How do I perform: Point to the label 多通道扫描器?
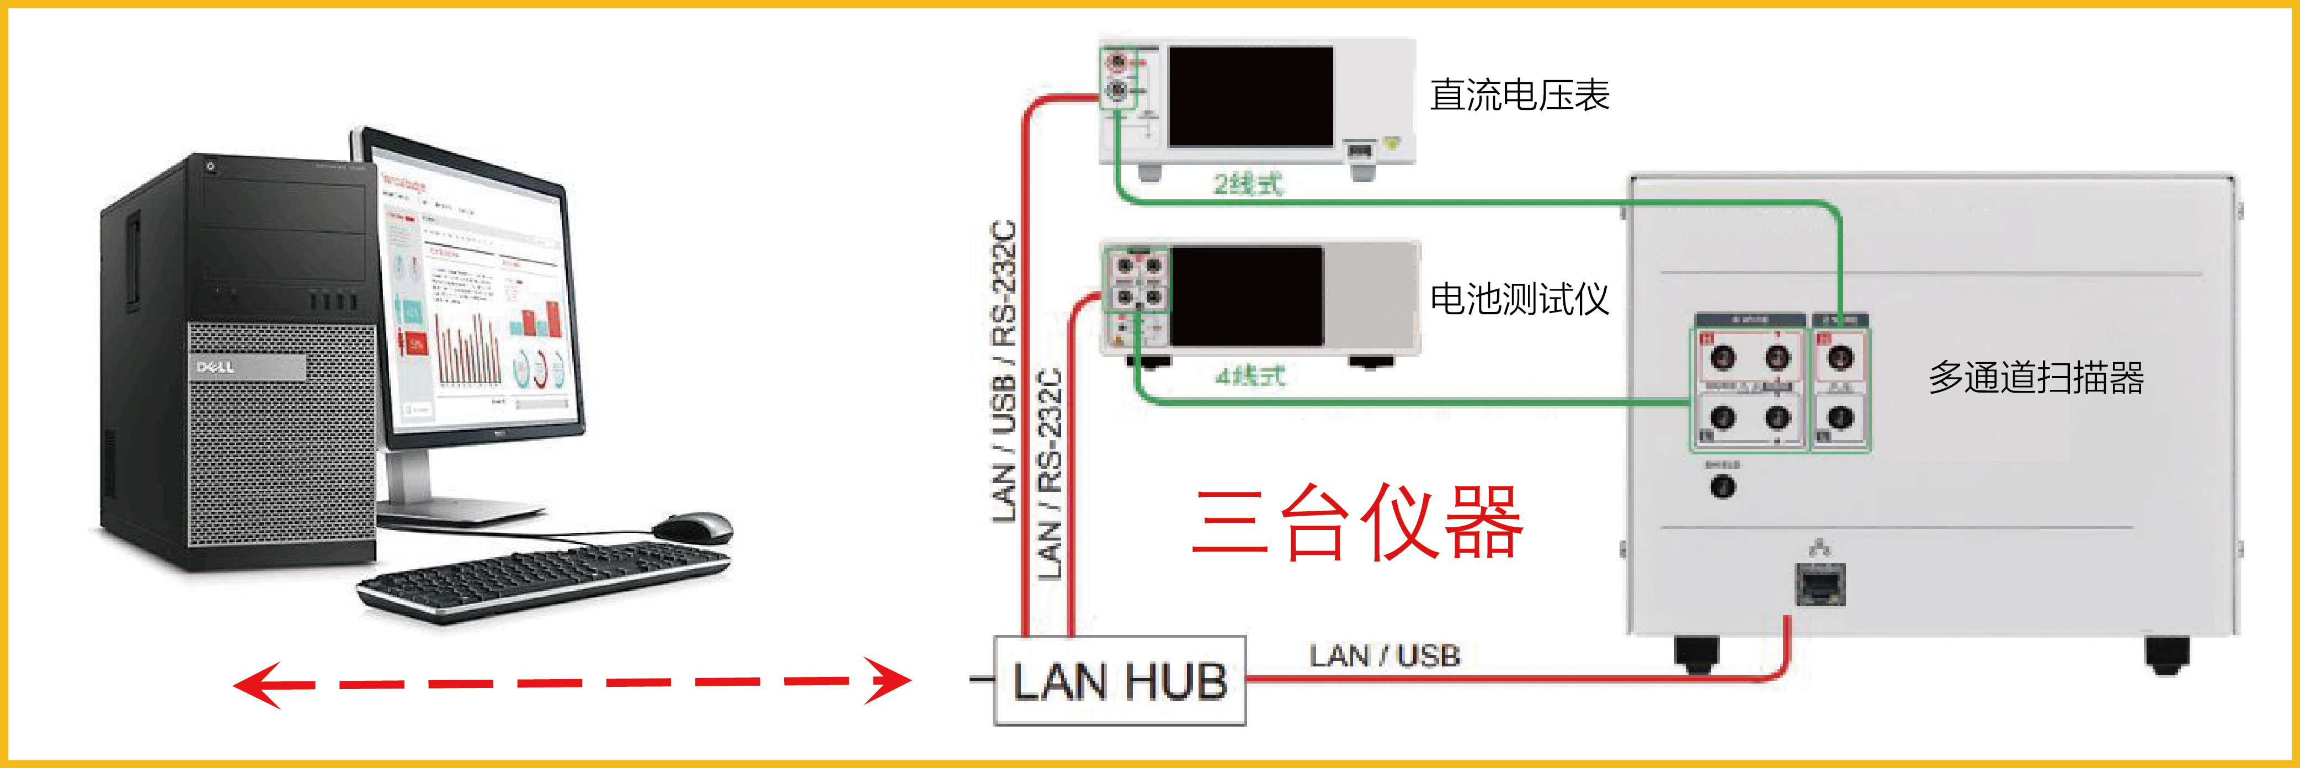[2036, 377]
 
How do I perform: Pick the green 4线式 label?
[1250, 376]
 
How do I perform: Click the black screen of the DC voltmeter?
[1250, 97]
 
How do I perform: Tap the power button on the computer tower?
[211, 166]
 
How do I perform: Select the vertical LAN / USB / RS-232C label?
[1004, 370]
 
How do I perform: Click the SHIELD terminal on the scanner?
[1722, 487]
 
